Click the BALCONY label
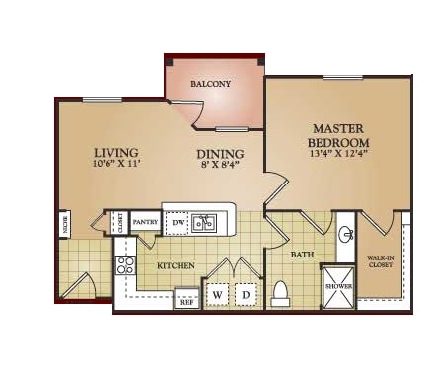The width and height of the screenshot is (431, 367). [x=210, y=84]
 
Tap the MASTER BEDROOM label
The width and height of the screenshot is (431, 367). [x=339, y=136]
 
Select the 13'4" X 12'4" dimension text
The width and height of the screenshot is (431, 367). [x=339, y=153]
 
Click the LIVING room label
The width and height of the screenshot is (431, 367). [x=115, y=153]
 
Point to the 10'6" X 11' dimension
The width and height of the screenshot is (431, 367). [x=115, y=166]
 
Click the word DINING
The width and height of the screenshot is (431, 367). [x=214, y=154]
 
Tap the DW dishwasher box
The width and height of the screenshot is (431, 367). [x=178, y=223]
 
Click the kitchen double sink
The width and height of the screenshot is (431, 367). [x=205, y=223]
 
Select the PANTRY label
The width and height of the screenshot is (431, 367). [x=146, y=222]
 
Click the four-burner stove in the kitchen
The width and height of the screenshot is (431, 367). [x=125, y=264]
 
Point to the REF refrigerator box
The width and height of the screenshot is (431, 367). [x=186, y=300]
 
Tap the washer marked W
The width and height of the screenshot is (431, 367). [x=217, y=295]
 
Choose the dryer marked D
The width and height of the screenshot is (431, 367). [x=245, y=295]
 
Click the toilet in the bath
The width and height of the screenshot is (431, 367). [x=280, y=293]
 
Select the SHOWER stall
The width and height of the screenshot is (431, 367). [x=339, y=286]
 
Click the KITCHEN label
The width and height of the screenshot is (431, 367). [x=174, y=266]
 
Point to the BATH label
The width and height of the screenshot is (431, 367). [x=301, y=255]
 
